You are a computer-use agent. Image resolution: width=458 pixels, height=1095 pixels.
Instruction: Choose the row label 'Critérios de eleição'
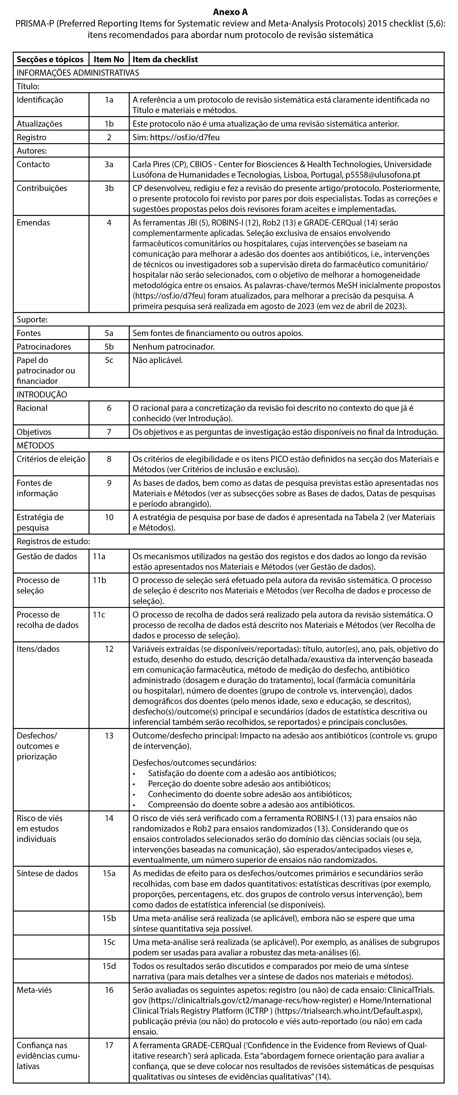(51, 459)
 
